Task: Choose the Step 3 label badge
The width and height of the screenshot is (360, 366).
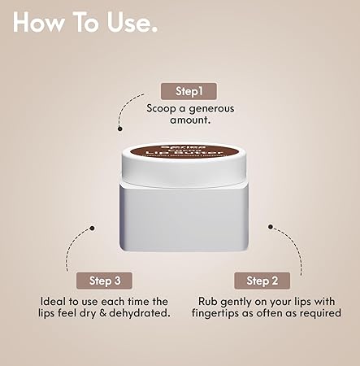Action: [x=104, y=281]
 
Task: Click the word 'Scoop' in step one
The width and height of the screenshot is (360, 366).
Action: [x=163, y=107]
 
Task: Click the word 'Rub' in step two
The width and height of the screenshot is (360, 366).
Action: [x=207, y=301]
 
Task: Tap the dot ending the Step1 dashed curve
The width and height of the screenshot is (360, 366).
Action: [x=120, y=128]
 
